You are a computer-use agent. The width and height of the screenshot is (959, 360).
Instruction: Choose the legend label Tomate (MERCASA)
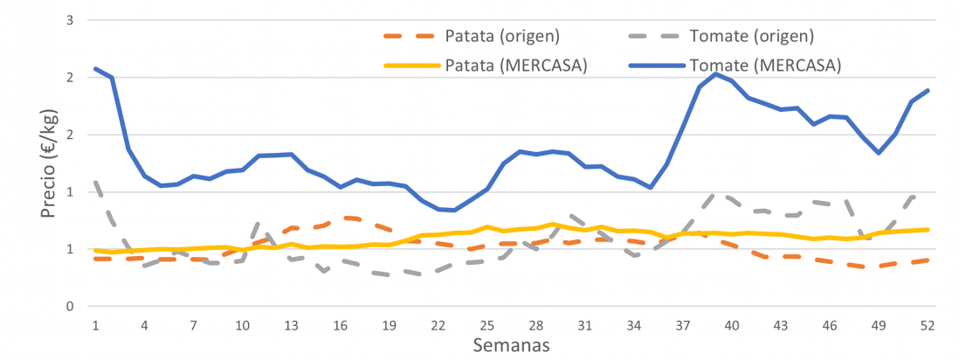(764, 65)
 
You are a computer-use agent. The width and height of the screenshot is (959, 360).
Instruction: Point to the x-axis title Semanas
(511, 345)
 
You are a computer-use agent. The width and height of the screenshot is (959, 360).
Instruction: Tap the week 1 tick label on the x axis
(94, 325)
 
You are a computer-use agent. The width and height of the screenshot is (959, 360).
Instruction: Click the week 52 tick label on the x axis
(928, 325)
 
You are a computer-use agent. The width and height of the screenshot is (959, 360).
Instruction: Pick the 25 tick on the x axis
(486, 325)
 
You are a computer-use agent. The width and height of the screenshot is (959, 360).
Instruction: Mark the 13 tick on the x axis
(291, 325)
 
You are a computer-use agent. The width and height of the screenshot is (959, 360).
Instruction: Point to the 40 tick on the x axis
(732, 325)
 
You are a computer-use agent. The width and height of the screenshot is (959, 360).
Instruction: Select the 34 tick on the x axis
(634, 325)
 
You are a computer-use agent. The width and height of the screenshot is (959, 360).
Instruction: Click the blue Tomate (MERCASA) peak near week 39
(715, 74)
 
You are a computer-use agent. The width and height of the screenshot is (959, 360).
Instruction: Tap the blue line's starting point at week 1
(94, 68)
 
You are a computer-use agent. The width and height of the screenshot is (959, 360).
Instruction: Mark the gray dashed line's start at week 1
(94, 182)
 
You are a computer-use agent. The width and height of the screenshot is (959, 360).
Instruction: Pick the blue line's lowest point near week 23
(454, 211)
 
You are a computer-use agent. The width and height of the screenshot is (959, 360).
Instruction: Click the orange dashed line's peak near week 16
(348, 218)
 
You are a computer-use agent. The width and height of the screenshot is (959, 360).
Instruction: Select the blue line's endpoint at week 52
(928, 90)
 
